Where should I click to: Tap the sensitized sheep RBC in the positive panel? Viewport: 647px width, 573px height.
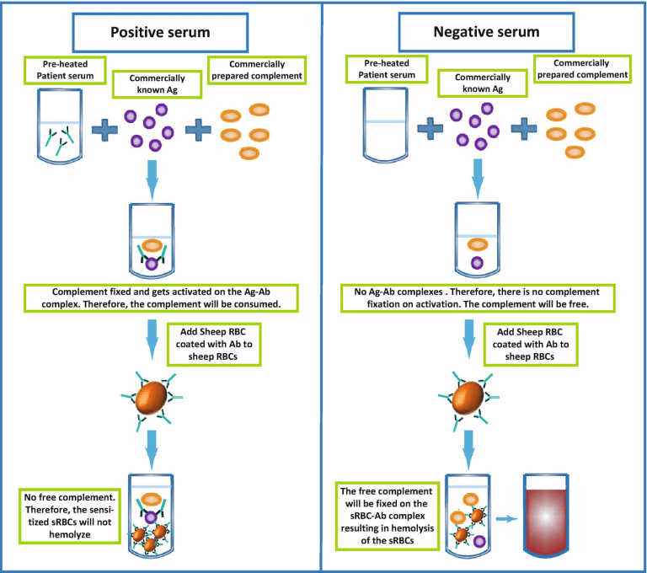[x=152, y=399]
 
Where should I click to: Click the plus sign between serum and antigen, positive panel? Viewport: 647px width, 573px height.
[x=105, y=128]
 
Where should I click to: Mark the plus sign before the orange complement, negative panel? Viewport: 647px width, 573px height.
[x=523, y=128]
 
